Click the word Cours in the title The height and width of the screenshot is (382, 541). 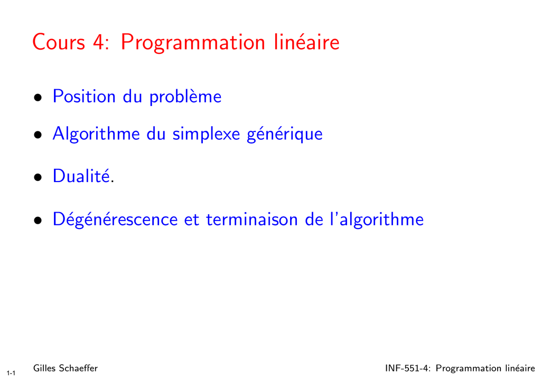(59, 42)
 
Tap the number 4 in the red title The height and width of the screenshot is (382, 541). (99, 42)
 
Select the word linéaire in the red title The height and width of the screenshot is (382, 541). (307, 42)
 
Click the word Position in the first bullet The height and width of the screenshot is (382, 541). (84, 96)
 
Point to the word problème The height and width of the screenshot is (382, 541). (185, 97)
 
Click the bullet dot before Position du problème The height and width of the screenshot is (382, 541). (38, 98)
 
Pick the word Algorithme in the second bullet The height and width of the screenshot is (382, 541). (96, 134)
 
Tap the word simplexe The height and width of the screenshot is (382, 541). (206, 134)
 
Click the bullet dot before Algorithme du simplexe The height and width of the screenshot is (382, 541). (38, 135)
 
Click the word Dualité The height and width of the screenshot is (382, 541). (81, 176)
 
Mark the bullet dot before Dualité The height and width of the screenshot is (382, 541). (38, 177)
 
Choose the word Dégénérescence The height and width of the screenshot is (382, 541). (115, 219)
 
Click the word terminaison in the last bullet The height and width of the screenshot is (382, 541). (252, 219)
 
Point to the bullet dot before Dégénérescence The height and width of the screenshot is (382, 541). (38, 221)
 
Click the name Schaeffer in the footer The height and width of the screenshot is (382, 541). (78, 368)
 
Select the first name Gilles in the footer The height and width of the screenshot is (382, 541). (44, 368)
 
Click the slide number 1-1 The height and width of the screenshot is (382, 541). (11, 373)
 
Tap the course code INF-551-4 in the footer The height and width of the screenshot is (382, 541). (408, 368)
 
